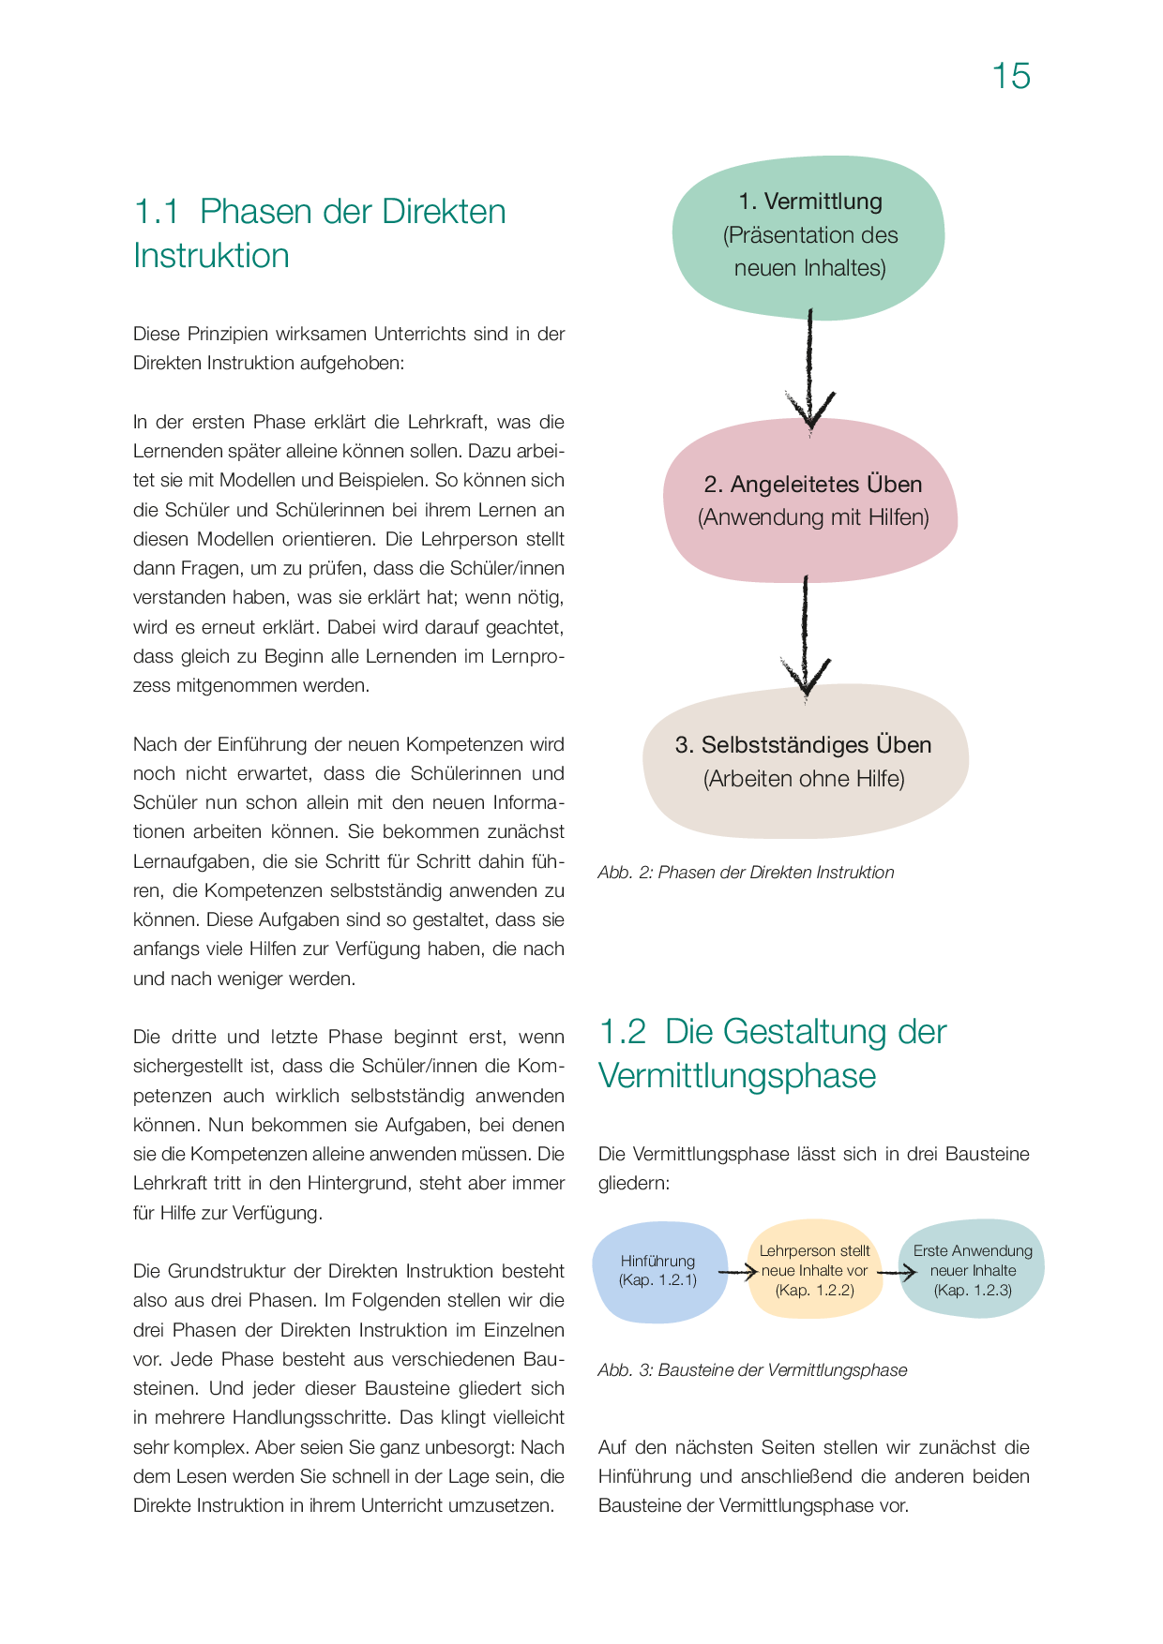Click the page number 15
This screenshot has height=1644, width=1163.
[x=1011, y=76]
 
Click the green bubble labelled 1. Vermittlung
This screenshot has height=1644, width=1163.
[x=808, y=236]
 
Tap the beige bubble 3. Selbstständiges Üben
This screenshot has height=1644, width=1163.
[x=805, y=762]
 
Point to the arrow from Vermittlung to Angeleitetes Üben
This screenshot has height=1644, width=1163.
[x=809, y=370]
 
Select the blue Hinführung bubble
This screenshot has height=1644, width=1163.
[x=658, y=1271]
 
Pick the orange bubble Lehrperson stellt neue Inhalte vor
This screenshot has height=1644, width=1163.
[x=814, y=1270]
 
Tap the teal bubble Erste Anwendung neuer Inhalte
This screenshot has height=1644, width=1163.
[x=973, y=1269]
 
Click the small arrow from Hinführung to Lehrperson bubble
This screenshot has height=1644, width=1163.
[x=737, y=1272]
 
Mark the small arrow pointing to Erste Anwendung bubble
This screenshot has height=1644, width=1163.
[x=897, y=1273]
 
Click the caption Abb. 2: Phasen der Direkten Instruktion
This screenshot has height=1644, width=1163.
[x=746, y=873]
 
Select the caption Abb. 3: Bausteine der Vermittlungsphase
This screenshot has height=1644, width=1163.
[x=752, y=1370]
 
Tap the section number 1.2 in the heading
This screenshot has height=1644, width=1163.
[x=622, y=1032]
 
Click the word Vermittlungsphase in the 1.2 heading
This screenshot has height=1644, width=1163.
[x=737, y=1076]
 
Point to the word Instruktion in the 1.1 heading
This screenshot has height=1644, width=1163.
[x=211, y=256]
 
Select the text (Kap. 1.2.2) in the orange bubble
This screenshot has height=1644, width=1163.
[x=814, y=1291]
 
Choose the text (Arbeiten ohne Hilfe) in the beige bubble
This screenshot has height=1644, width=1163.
[x=804, y=779]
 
